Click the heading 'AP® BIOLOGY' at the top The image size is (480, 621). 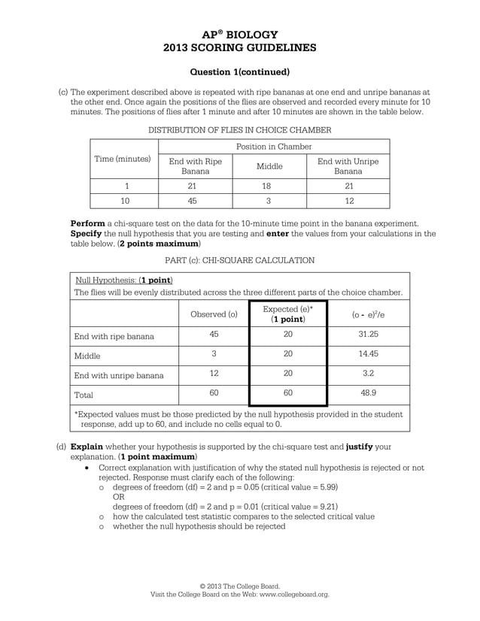240,35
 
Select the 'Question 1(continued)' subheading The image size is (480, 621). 240,72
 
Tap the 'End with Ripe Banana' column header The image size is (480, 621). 195,166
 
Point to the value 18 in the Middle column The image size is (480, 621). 269,186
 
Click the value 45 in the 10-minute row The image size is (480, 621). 195,201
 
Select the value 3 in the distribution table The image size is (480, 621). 269,201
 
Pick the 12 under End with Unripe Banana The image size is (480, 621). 348,201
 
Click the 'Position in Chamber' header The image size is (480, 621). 274,146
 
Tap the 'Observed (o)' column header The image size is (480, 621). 214,314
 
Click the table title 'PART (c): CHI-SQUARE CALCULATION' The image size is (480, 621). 240,260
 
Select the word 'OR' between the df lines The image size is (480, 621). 118,497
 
